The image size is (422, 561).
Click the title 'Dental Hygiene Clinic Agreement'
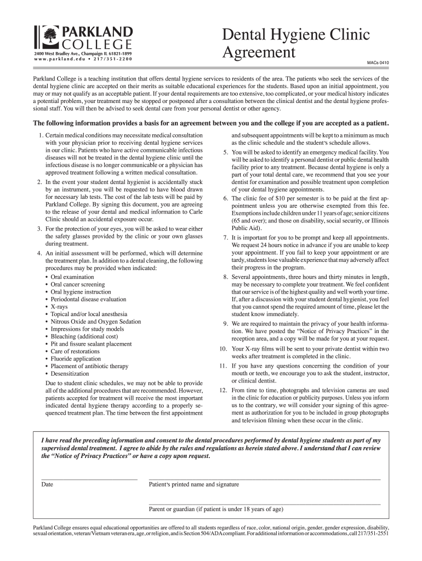[295, 44]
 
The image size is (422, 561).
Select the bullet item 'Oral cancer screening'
[77, 285]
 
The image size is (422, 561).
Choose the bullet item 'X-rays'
[61, 307]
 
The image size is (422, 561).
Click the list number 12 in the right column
[223, 390]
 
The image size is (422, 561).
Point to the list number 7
[225, 238]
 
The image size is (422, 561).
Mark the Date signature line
[89, 479]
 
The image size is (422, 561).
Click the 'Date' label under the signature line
[47, 485]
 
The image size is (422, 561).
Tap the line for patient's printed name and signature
[264, 479]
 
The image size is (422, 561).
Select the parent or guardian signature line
[264, 503]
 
